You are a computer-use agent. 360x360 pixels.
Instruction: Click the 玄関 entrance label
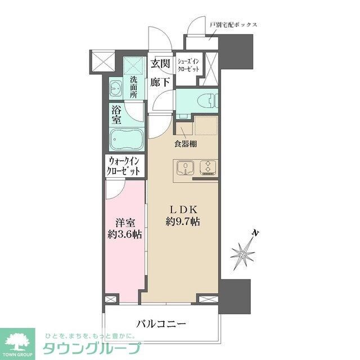point(160,64)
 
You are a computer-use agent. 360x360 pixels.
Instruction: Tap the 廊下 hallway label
point(160,82)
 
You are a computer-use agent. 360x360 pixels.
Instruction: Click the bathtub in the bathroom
point(126,138)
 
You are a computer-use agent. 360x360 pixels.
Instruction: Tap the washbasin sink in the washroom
point(117,89)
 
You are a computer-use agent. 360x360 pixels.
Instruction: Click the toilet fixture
point(208,101)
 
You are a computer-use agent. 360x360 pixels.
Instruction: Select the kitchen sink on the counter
point(184,167)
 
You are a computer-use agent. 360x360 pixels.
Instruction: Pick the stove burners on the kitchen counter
point(206,167)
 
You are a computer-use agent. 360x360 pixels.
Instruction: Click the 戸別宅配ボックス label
point(233,25)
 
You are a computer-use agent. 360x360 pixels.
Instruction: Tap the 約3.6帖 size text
point(124,236)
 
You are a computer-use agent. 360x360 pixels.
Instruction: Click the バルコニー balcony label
point(161,323)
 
